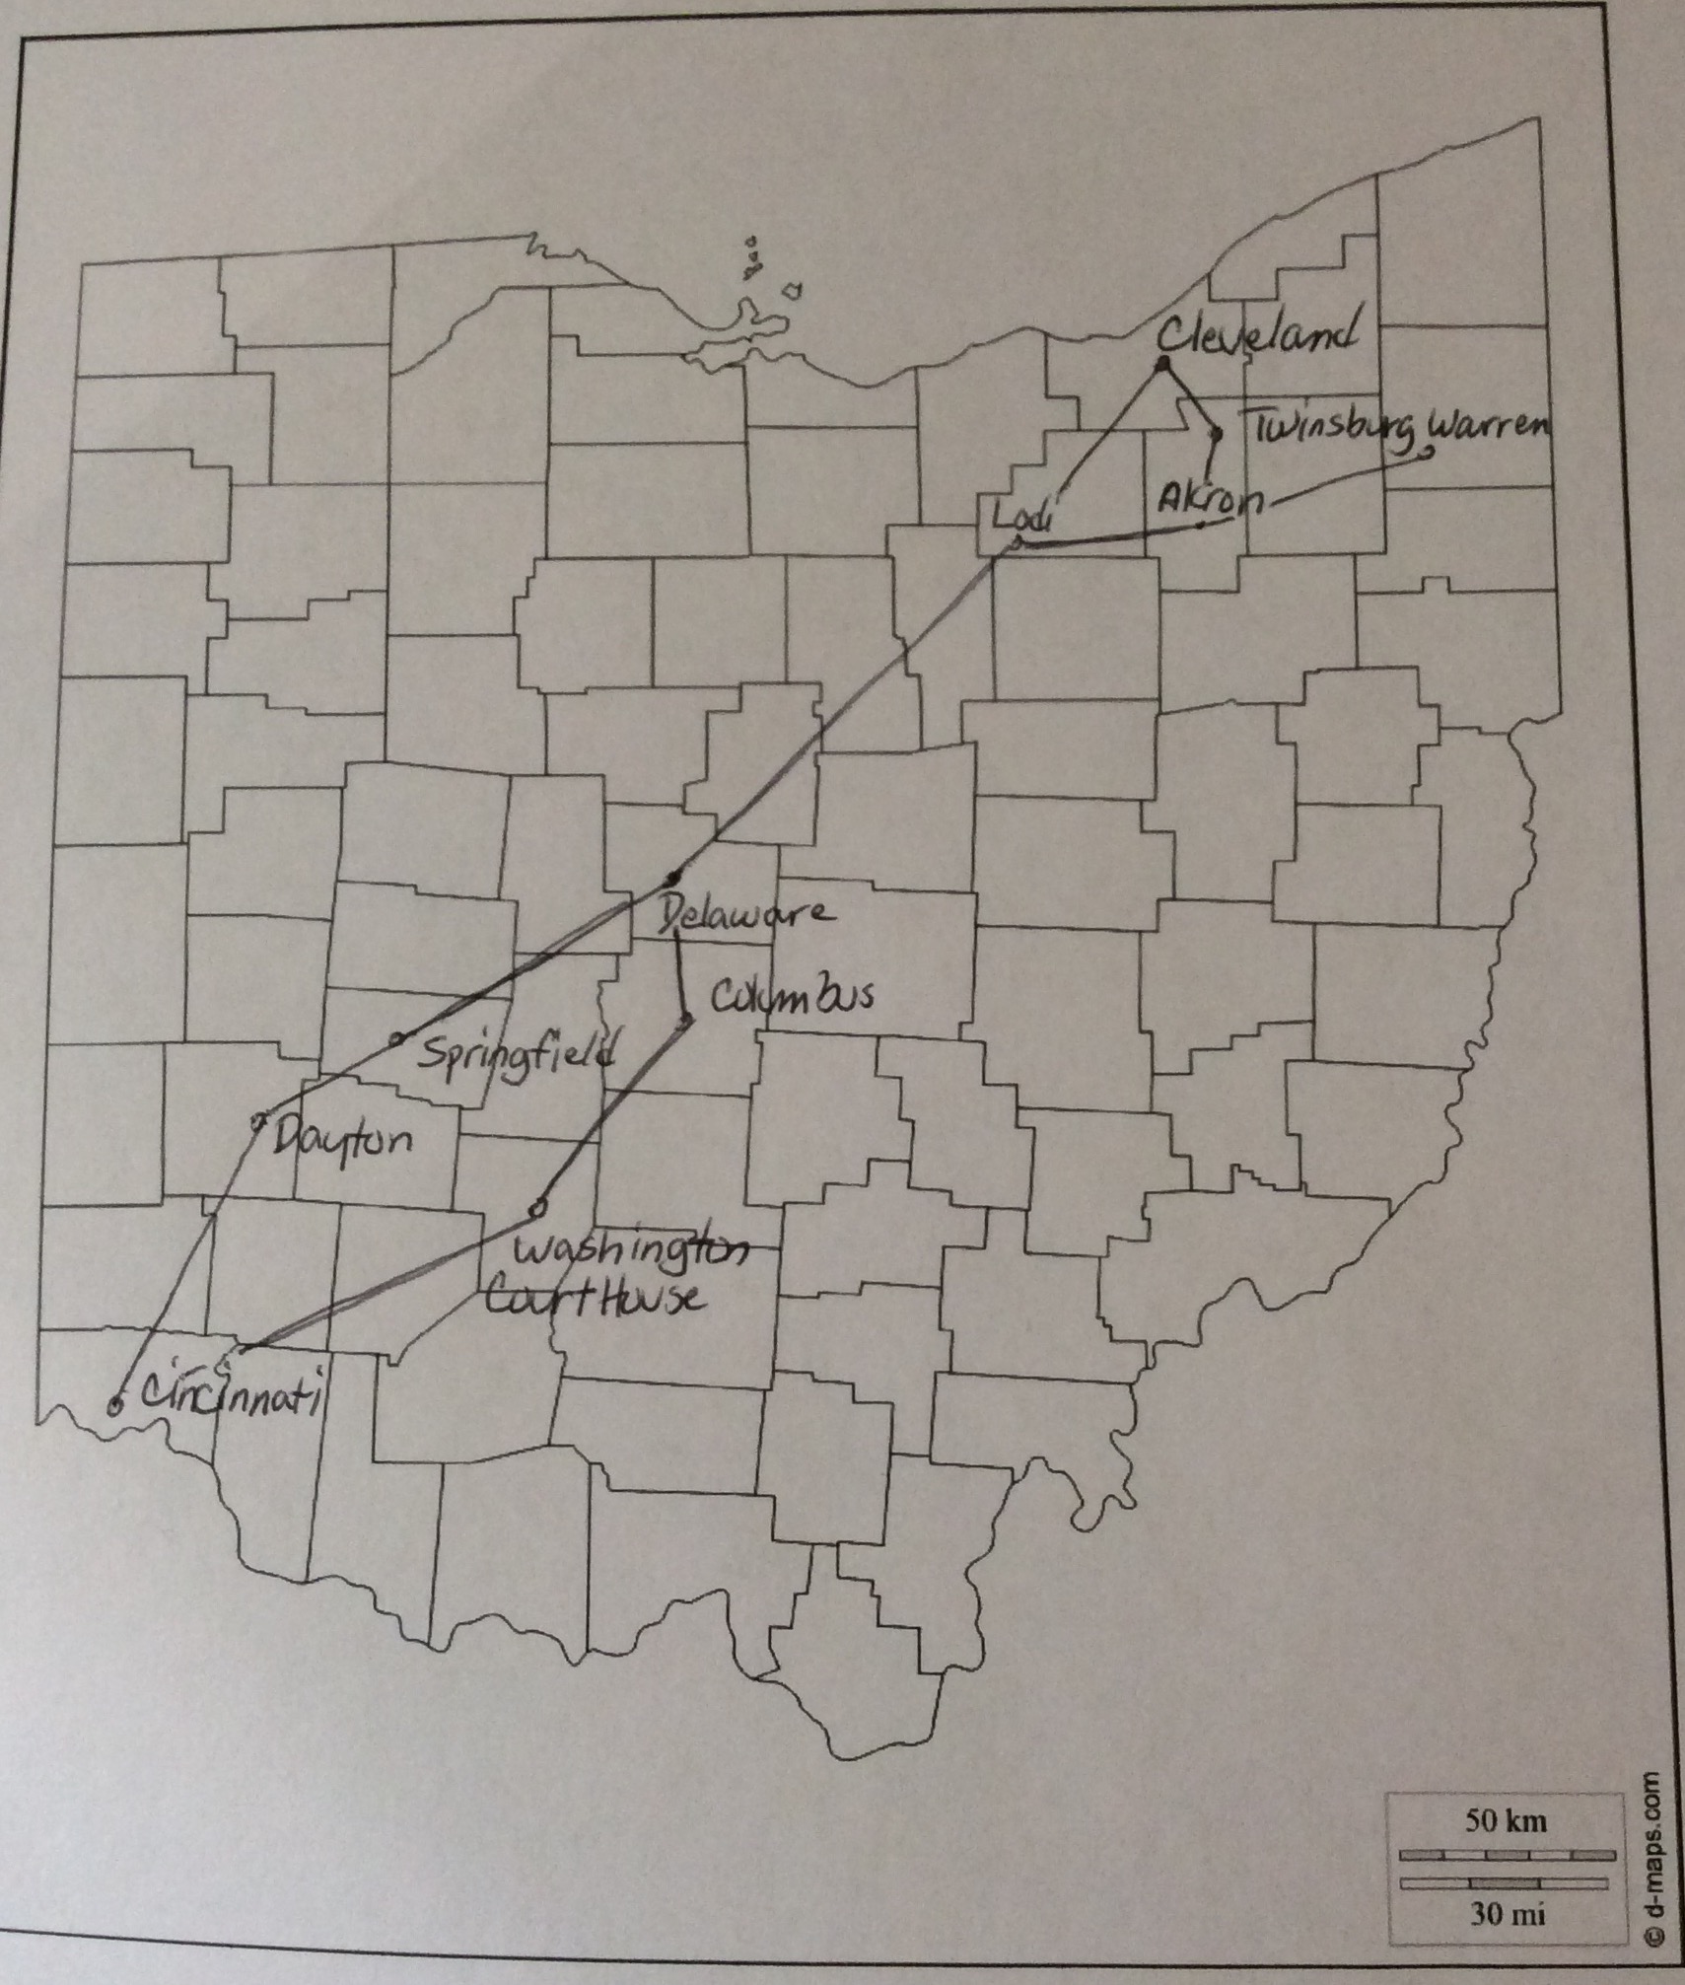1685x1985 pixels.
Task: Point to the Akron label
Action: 1210,499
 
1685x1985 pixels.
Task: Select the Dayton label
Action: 339,1141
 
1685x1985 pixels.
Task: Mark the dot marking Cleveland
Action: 1162,365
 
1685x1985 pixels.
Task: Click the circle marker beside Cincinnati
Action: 115,1407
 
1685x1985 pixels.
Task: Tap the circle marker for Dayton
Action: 259,1119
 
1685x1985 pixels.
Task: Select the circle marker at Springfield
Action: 397,1038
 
